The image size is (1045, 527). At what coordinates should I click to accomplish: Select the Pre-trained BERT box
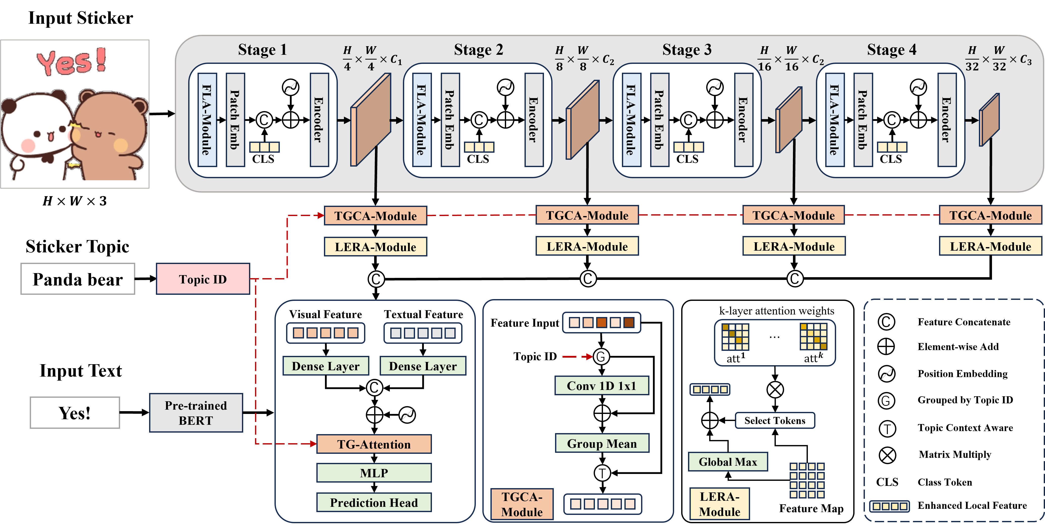pyautogui.click(x=196, y=413)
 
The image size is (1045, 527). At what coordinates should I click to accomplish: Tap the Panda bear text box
pyautogui.click(x=77, y=279)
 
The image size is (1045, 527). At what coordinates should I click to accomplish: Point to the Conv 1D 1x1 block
pyautogui.click(x=602, y=386)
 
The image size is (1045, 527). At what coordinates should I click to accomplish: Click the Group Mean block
pyautogui.click(x=602, y=443)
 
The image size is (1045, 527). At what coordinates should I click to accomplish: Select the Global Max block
pyautogui.click(x=728, y=462)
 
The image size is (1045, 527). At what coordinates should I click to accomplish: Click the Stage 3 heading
pyautogui.click(x=687, y=49)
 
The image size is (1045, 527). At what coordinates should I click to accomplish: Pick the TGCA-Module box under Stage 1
pyautogui.click(x=375, y=216)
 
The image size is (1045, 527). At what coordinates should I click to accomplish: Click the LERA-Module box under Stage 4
pyautogui.click(x=990, y=247)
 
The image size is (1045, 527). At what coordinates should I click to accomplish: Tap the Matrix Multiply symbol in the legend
pyautogui.click(x=887, y=455)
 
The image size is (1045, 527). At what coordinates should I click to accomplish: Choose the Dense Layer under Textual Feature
pyautogui.click(x=423, y=366)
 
